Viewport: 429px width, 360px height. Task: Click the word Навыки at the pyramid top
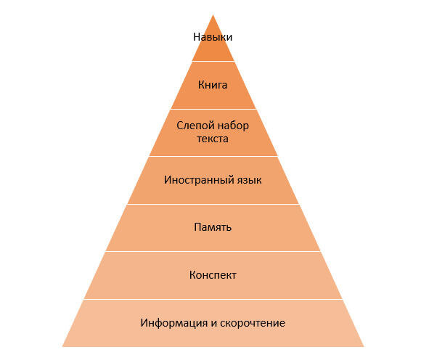tap(213, 37)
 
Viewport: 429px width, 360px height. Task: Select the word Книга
tap(213, 85)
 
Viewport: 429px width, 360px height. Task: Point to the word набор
tap(232, 126)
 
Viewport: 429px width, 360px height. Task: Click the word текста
tap(213, 139)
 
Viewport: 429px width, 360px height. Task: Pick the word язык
tap(248, 180)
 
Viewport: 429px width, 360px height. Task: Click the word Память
tap(213, 227)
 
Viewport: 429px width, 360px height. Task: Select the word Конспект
tap(213, 275)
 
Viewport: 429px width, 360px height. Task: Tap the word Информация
tap(174, 323)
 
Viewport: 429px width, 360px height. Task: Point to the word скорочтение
tap(253, 323)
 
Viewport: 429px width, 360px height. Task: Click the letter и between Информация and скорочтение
tap(213, 324)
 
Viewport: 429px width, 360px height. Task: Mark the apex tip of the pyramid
tap(213, 15)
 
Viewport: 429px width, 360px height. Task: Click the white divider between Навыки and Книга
tap(213, 61)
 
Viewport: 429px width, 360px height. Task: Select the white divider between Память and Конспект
tap(213, 251)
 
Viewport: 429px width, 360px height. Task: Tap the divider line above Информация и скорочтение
tap(213, 299)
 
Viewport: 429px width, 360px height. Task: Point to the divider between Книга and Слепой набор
tap(213, 109)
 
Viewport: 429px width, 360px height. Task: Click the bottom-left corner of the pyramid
tap(62, 347)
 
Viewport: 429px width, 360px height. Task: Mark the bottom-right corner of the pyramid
tap(364, 347)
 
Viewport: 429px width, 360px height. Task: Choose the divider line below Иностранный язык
tap(213, 204)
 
